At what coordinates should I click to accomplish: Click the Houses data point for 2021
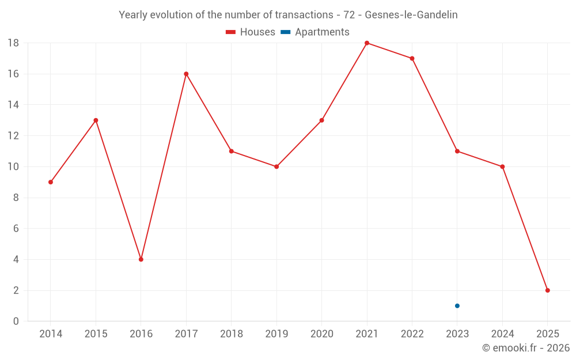pos(367,43)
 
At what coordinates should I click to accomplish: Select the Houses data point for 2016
pos(141,259)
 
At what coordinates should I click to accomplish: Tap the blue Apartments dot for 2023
pos(457,306)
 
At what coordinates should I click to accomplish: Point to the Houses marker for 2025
pos(547,290)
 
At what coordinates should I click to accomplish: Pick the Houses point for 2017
pos(186,74)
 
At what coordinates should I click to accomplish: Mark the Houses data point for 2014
pos(51,182)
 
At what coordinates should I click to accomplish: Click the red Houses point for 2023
pos(457,151)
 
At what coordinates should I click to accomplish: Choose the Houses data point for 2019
pos(276,166)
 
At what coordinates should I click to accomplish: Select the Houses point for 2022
pos(412,58)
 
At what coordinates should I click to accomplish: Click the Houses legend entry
pos(251,32)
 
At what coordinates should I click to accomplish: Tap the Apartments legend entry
pos(315,32)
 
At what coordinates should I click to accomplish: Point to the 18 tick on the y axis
pos(13,43)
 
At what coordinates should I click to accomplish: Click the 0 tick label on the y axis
pos(16,321)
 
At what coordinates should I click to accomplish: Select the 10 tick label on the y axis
pos(13,166)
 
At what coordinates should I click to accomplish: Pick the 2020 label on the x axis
pos(321,334)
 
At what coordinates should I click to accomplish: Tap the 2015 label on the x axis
pos(96,334)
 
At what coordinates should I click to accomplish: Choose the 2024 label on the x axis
pos(502,334)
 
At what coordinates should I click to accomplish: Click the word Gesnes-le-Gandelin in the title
pos(411,15)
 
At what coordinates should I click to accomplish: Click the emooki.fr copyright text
pos(526,348)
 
